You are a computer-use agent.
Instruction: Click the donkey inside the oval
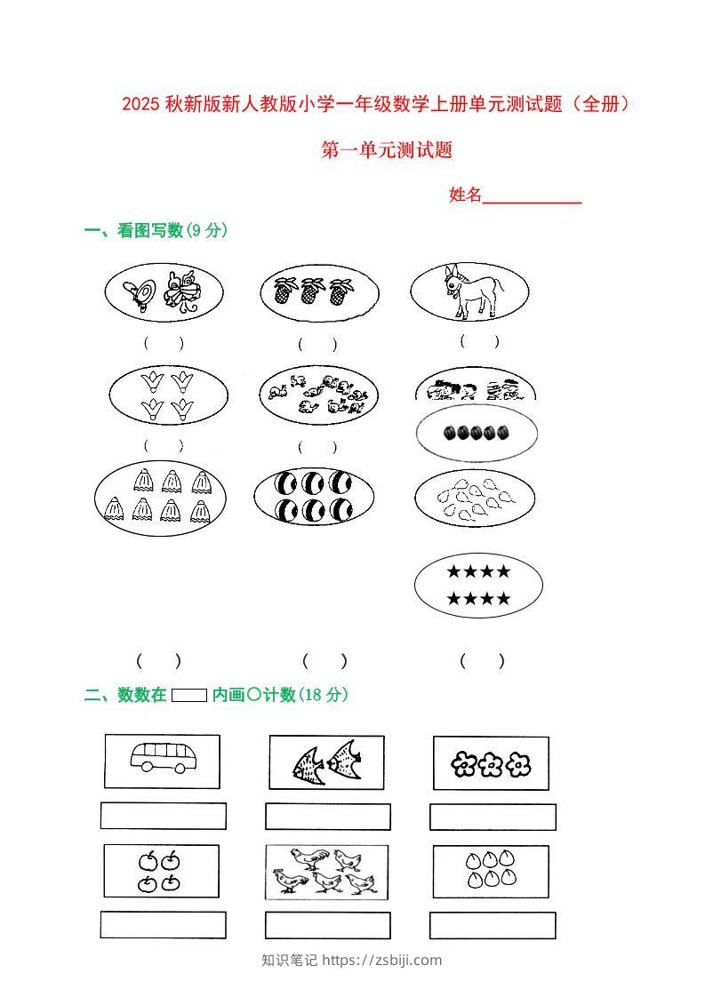(x=471, y=291)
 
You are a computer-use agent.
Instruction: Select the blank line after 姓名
(x=532, y=196)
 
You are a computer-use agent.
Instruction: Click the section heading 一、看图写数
(x=132, y=231)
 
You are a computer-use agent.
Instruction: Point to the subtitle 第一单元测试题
(x=387, y=150)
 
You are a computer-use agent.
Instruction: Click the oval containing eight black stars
(x=478, y=585)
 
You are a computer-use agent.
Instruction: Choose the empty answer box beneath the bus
(x=163, y=816)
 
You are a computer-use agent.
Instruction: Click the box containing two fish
(x=327, y=762)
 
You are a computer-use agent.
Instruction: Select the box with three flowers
(x=490, y=763)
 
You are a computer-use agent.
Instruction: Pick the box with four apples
(x=161, y=871)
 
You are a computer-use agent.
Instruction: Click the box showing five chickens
(x=326, y=872)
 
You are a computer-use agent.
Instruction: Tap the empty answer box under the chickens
(x=327, y=925)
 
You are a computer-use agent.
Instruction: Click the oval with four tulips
(x=168, y=395)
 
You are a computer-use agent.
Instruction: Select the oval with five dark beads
(x=477, y=433)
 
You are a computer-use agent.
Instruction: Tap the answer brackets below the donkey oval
(x=480, y=341)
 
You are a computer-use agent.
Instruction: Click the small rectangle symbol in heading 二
(x=188, y=696)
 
